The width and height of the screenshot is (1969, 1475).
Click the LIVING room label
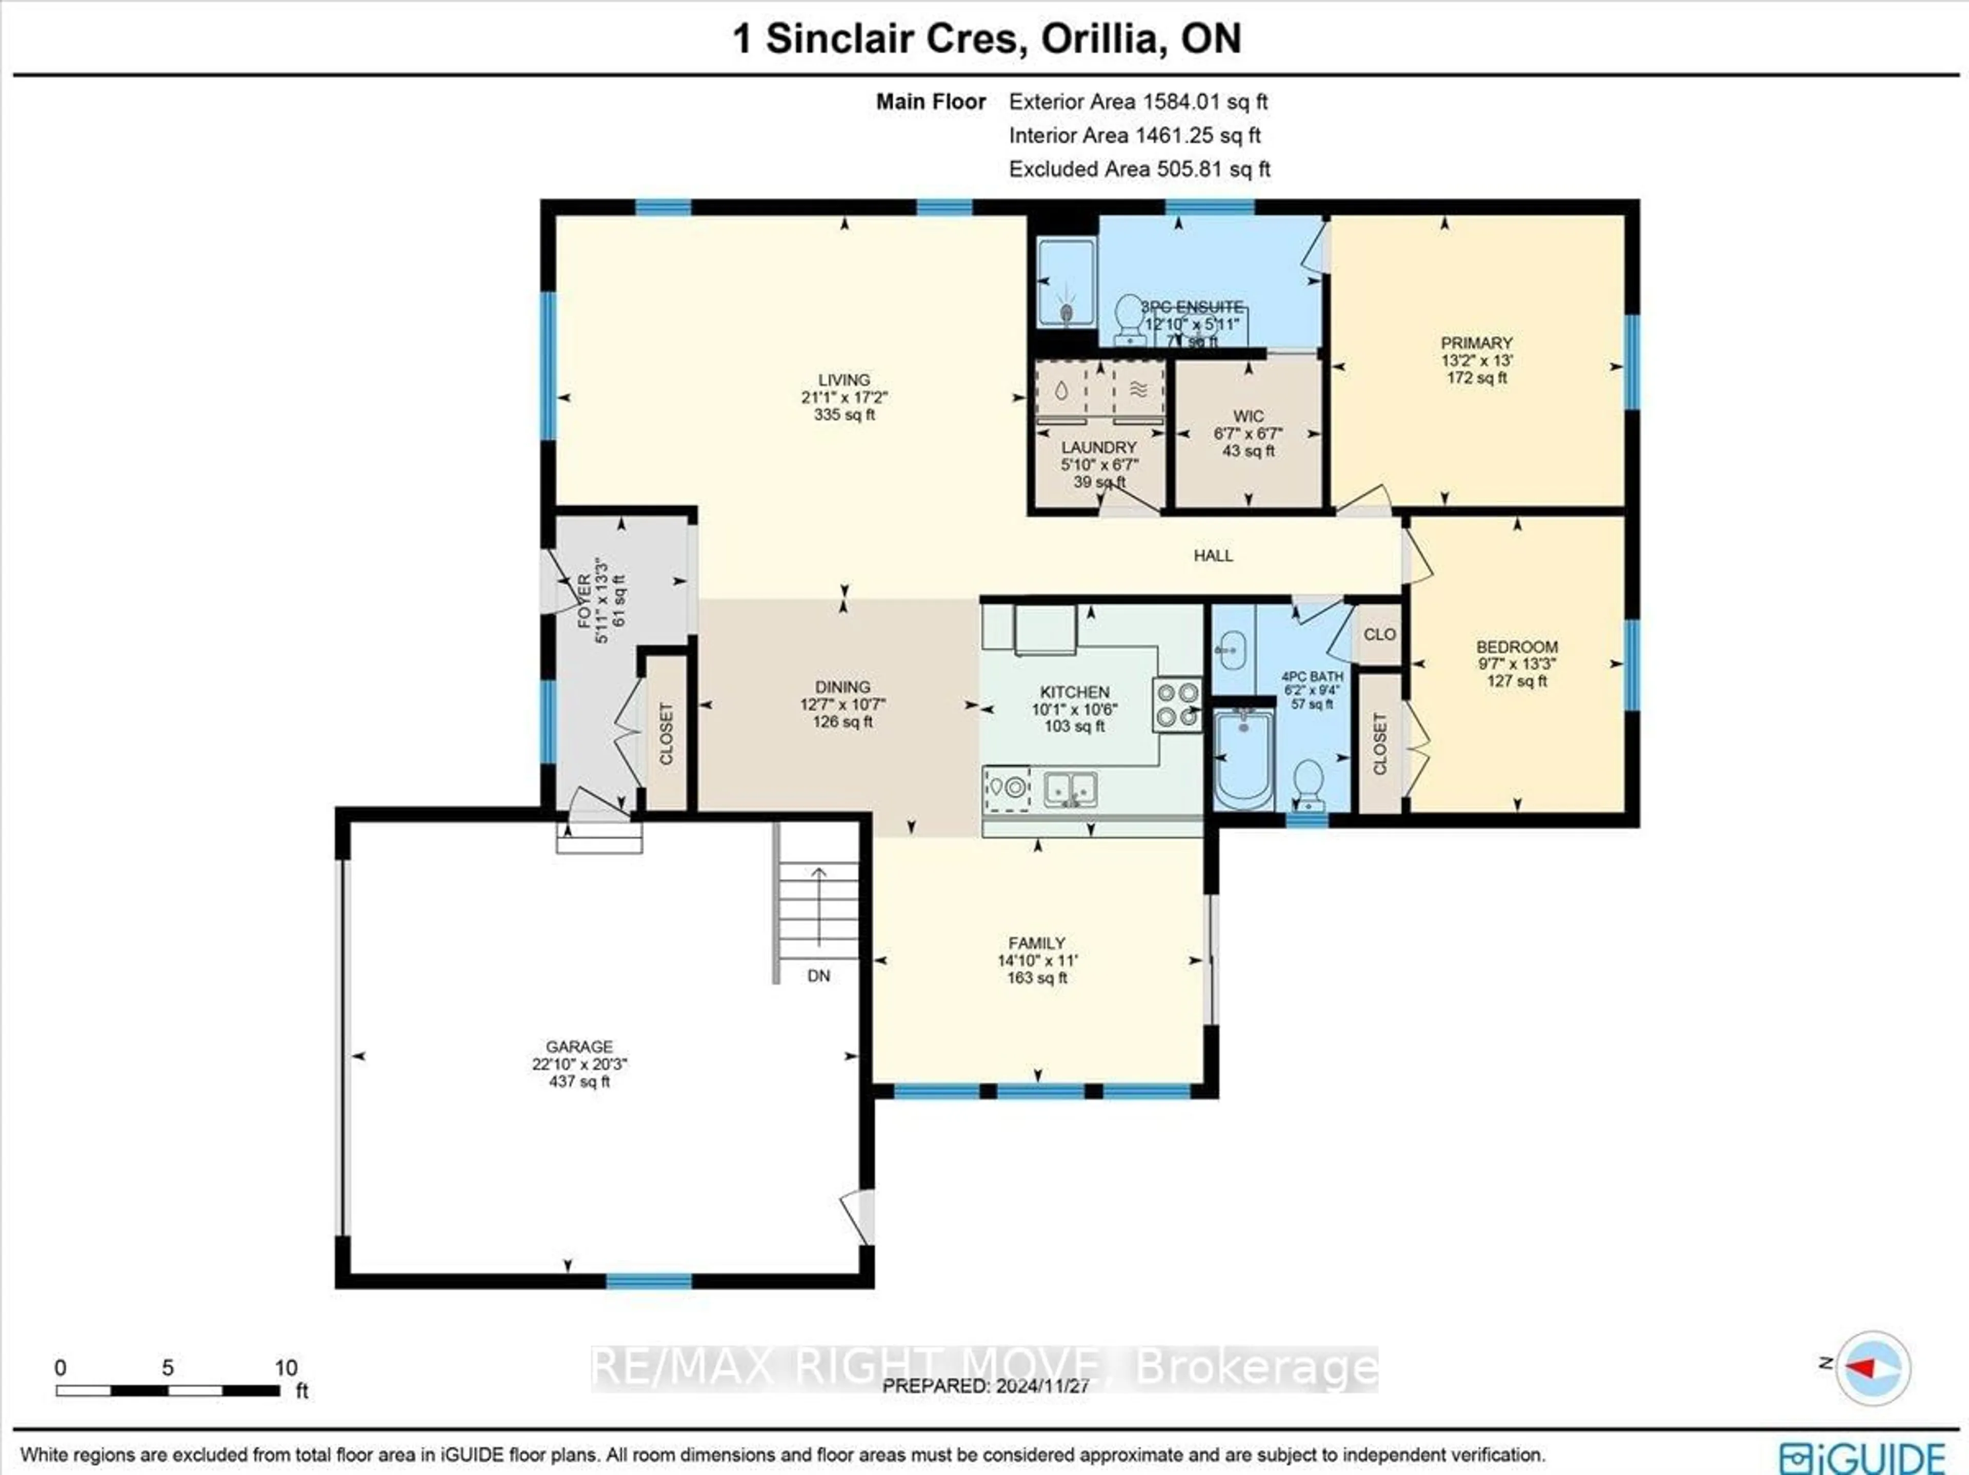[x=844, y=380]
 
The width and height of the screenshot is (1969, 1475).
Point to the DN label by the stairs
[x=818, y=976]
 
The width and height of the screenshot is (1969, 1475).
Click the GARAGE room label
[x=579, y=1047]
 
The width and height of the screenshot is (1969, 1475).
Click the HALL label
[x=1212, y=555]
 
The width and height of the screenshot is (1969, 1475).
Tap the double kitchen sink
[x=1070, y=789]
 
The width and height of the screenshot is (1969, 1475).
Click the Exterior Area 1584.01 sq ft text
[x=1138, y=102]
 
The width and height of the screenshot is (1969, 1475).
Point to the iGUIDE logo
[x=1862, y=1457]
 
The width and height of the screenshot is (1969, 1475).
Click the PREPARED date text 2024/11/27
[x=986, y=1386]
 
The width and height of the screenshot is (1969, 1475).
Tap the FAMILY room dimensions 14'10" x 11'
[x=1037, y=960]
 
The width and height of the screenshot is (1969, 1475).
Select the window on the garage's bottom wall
[x=649, y=1281]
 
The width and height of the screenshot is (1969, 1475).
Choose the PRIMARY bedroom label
[x=1477, y=342]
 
